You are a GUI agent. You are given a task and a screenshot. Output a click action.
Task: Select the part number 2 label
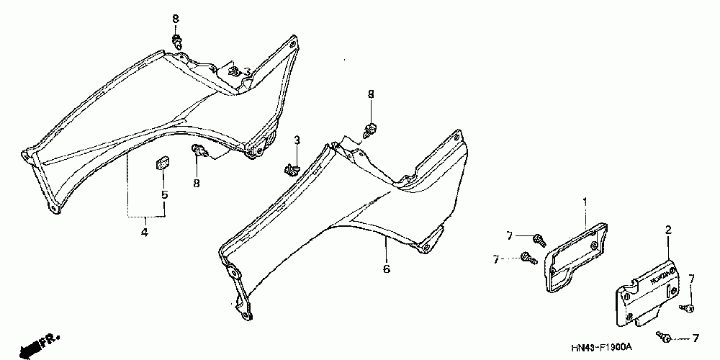point(667,230)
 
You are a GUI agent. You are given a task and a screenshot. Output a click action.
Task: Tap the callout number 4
point(144,233)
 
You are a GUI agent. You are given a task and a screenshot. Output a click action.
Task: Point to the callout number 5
point(164,195)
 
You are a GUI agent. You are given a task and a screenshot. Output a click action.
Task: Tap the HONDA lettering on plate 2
point(664,276)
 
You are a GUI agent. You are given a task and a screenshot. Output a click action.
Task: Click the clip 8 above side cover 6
point(371,130)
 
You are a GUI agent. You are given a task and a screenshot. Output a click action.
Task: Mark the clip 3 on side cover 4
point(234,71)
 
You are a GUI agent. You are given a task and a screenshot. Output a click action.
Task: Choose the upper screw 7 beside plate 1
point(538,238)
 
